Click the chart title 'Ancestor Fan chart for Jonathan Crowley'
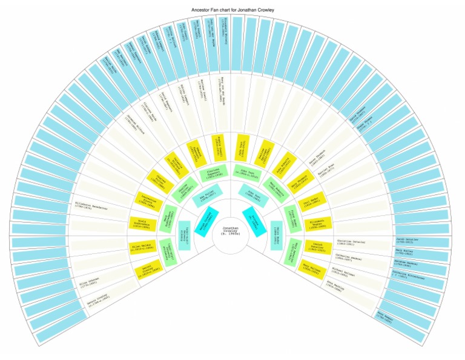(x=232, y=10)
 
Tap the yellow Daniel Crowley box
(x=142, y=269)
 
